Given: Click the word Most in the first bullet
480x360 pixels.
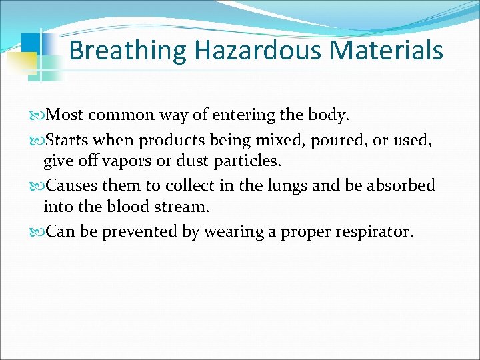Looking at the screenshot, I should tap(65, 115).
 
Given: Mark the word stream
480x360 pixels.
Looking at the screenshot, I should tap(182, 207).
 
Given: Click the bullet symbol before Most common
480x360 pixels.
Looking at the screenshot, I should tap(37, 115).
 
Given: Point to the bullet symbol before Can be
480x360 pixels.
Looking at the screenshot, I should tap(37, 231).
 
